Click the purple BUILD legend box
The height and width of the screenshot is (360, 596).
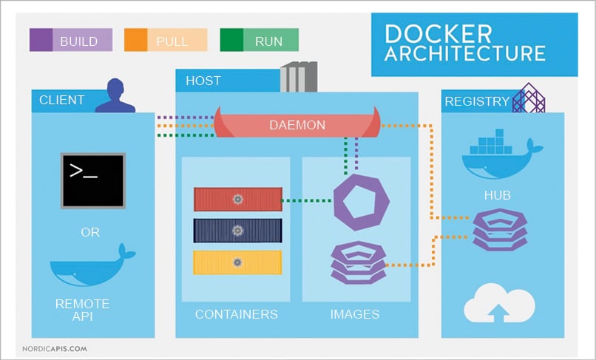pos(70,40)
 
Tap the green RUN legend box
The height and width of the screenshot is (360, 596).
pos(259,40)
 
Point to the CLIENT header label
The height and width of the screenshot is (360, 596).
pos(62,101)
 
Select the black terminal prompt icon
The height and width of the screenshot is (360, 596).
pos(92,180)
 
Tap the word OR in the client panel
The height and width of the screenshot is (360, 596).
pos(90,232)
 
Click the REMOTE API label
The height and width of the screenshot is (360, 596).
pos(82,310)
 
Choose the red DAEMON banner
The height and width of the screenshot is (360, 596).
pos(296,125)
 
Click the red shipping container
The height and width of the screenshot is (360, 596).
pos(237,199)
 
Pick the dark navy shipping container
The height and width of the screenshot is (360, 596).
pos(237,231)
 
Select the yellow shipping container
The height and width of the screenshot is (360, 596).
pos(237,262)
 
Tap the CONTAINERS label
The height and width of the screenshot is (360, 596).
pos(237,314)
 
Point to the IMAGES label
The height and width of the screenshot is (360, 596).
pos(355,314)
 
